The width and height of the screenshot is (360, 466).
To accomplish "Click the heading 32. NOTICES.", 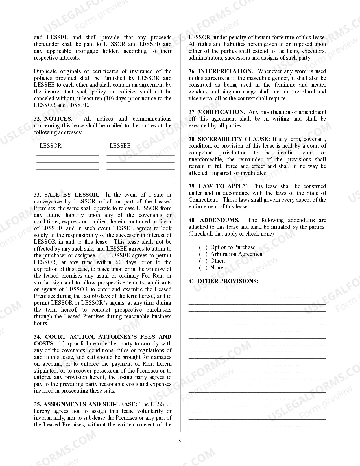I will click(x=53, y=119).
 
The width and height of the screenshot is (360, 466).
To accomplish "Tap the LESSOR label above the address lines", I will click(x=51, y=146).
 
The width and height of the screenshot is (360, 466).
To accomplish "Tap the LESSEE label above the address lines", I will click(x=120, y=146).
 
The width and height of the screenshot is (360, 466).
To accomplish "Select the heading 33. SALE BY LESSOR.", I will click(x=66, y=195).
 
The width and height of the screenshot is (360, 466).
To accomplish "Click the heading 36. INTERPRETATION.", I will click(x=221, y=71).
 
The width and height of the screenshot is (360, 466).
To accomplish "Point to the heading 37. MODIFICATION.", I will click(x=217, y=112).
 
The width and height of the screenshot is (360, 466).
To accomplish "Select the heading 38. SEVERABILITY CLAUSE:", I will click(x=229, y=139).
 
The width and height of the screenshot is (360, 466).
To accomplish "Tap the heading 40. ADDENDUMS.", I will click(x=214, y=220).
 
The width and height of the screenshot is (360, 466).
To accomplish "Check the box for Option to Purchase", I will click(x=203, y=247).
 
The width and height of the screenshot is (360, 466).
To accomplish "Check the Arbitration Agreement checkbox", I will click(x=203, y=254).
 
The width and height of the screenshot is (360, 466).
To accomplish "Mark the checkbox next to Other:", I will click(x=203, y=261).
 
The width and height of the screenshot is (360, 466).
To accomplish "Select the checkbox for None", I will click(x=203, y=268).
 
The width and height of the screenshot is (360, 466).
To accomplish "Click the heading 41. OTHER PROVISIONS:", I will click(x=223, y=281).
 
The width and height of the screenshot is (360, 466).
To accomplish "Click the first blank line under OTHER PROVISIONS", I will click(x=257, y=290).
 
